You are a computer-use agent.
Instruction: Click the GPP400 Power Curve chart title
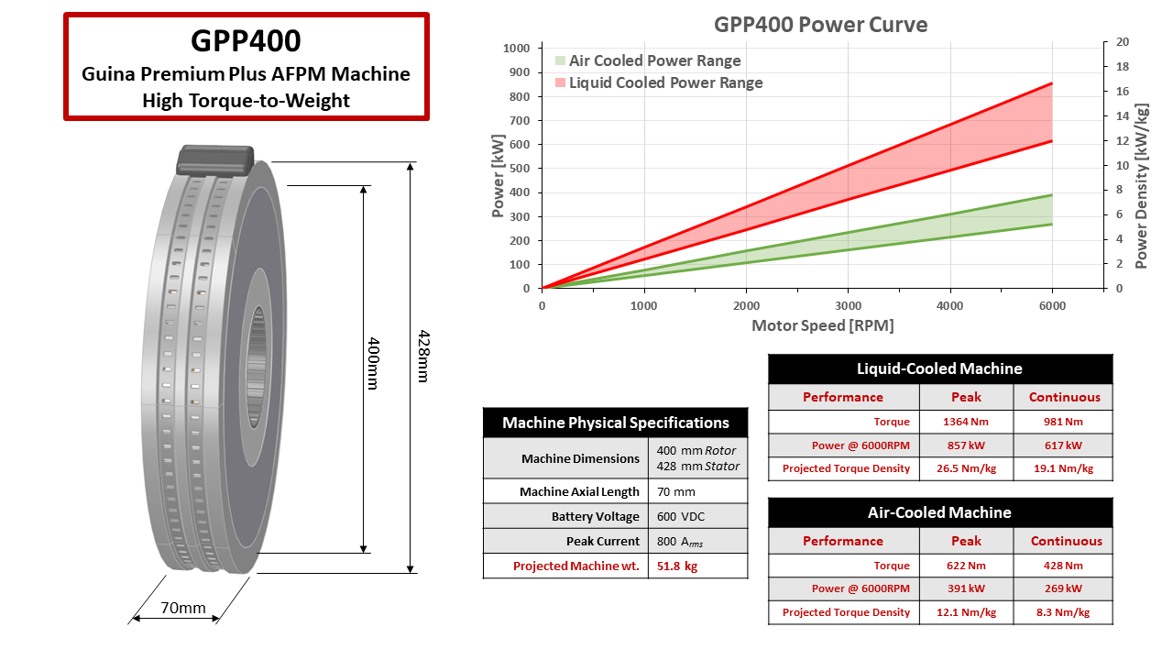click(820, 25)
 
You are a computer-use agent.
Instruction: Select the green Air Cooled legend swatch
click(560, 60)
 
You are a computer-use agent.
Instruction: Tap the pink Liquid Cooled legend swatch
click(560, 82)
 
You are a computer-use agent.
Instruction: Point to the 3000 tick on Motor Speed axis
click(848, 306)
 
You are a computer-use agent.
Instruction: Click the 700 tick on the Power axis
click(519, 120)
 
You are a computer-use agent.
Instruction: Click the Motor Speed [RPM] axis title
click(822, 325)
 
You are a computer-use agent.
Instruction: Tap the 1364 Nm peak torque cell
click(965, 422)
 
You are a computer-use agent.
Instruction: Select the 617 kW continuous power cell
click(1063, 445)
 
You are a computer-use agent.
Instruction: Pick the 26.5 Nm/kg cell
click(965, 468)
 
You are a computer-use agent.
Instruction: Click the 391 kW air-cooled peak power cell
click(965, 588)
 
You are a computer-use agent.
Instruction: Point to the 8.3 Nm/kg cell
click(1063, 612)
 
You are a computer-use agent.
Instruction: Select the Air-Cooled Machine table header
click(939, 512)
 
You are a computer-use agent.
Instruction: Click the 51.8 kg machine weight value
click(677, 566)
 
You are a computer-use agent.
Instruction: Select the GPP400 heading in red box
click(246, 40)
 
